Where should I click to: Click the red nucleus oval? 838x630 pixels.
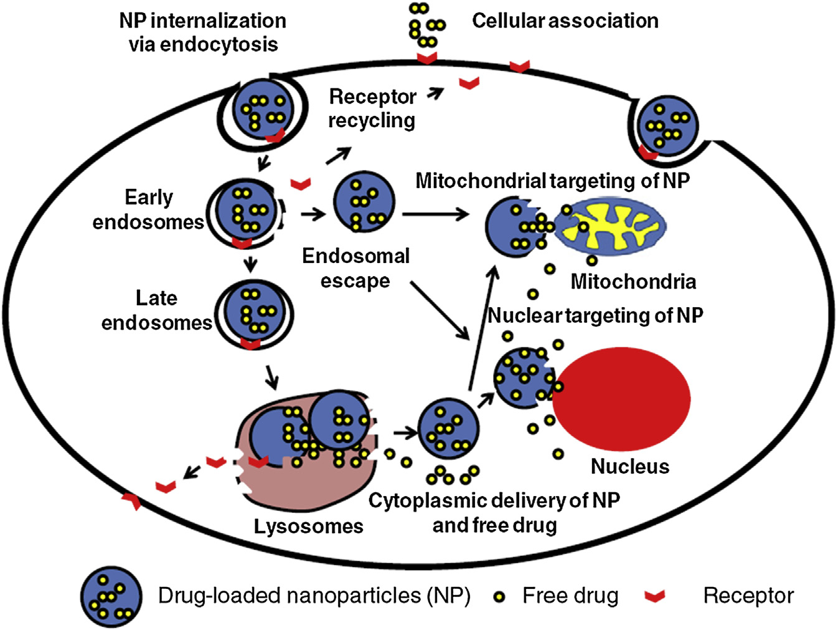pos(621,399)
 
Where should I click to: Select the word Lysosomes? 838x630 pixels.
pos(308,526)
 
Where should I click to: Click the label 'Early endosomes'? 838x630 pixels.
pos(148,209)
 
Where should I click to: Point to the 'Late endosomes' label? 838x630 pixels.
pos(157,310)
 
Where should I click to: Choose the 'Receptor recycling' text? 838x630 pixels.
pos(372,108)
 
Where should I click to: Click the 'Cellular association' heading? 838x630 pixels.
pos(565,21)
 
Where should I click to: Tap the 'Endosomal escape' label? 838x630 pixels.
pos(355,268)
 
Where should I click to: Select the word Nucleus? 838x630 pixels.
pos(629,466)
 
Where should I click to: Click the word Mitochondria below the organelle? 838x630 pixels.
pos(633,282)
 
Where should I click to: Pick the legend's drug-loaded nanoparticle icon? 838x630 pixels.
pos(111,597)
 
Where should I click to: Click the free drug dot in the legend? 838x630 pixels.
pos(498,597)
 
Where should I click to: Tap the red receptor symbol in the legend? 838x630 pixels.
pos(654,597)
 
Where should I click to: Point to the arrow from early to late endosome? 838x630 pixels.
pos(250,264)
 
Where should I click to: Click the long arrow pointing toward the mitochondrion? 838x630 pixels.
pos(435,214)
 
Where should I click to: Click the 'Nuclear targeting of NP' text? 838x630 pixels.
pos(595,315)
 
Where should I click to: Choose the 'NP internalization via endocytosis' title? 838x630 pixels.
pos(203,32)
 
